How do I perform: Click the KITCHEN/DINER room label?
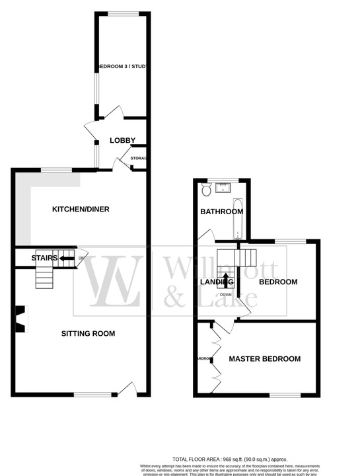[x=81, y=210]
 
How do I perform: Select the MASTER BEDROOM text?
[x=264, y=359]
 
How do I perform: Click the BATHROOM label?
[x=221, y=212]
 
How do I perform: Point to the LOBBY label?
[x=122, y=140]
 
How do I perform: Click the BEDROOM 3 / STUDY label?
[x=122, y=67]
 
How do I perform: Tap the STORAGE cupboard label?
[x=138, y=159]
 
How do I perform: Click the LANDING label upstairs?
[x=213, y=282]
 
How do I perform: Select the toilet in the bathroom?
[x=207, y=190]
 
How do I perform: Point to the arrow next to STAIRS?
[x=67, y=258]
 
